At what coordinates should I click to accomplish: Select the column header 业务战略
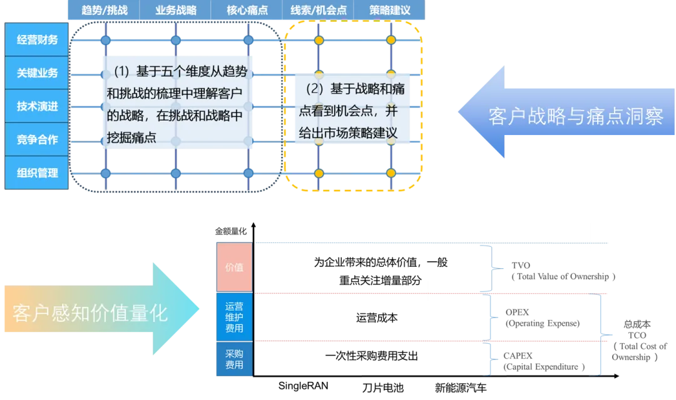point(175,11)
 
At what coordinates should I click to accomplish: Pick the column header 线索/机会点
point(318,11)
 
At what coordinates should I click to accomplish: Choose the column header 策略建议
point(389,11)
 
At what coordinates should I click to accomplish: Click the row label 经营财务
point(37,40)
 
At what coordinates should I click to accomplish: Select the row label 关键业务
point(37,73)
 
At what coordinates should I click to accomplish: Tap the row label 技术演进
point(37,106)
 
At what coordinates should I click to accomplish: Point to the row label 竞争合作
point(37,139)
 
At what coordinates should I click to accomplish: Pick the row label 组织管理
point(37,172)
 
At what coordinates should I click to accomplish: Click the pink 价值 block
point(234,267)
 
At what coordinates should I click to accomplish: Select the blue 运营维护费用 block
point(234,317)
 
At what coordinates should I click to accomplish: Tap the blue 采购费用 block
point(234,359)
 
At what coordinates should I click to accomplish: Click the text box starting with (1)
point(177,103)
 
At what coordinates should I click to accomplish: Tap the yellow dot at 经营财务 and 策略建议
point(391,40)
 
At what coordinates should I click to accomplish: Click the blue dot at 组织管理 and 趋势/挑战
point(105,172)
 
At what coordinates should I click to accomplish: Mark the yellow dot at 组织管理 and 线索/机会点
point(319,172)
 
